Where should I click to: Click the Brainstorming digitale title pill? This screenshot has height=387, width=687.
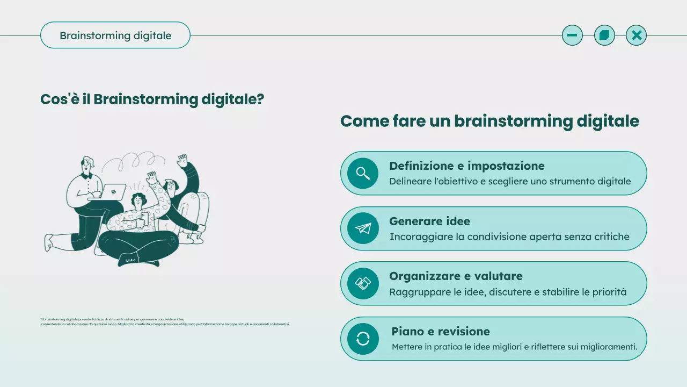(x=115, y=35)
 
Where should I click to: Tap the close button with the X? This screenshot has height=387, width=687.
(x=636, y=35)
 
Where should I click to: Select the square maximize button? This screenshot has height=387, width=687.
(x=604, y=35)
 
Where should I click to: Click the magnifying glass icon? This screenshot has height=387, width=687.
(x=363, y=173)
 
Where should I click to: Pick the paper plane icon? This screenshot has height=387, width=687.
(x=363, y=228)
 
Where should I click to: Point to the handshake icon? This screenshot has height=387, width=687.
(x=363, y=283)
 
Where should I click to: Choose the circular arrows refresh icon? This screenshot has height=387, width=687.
(x=363, y=339)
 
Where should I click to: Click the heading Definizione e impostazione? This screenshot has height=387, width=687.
(x=466, y=166)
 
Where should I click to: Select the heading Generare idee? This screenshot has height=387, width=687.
(x=429, y=221)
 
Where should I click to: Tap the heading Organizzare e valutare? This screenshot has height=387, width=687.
(x=456, y=276)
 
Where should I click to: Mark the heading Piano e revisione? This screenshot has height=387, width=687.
(x=440, y=331)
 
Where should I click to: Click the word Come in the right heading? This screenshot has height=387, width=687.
(x=364, y=121)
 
